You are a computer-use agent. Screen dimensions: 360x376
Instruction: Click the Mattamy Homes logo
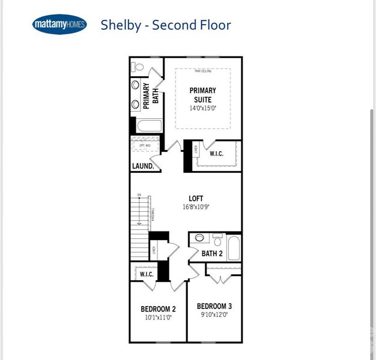pyautogui.click(x=59, y=25)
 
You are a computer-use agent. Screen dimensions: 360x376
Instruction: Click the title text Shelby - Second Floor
pyautogui.click(x=165, y=25)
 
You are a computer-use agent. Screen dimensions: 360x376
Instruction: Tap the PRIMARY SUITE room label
pyautogui.click(x=202, y=95)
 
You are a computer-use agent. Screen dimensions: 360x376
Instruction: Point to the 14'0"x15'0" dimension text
pyautogui.click(x=202, y=109)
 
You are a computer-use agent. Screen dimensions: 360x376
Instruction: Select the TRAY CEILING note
pyautogui.click(x=202, y=71)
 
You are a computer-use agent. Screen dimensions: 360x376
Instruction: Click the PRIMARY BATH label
pyautogui.click(x=150, y=96)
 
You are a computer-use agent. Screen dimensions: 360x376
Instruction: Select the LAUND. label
pyautogui.click(x=144, y=166)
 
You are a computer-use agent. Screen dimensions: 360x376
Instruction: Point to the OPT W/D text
pyautogui.click(x=145, y=145)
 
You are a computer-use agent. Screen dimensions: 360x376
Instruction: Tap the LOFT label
pyautogui.click(x=196, y=199)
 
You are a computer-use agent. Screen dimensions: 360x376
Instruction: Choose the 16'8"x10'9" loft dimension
pyautogui.click(x=196, y=207)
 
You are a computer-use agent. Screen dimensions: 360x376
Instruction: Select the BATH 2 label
pyautogui.click(x=212, y=254)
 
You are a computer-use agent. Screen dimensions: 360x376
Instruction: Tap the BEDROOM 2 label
pyautogui.click(x=158, y=309)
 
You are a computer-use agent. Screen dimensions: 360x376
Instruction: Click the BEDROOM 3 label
pyautogui.click(x=214, y=305)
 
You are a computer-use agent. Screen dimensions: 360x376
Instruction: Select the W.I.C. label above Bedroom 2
pyautogui.click(x=147, y=274)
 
